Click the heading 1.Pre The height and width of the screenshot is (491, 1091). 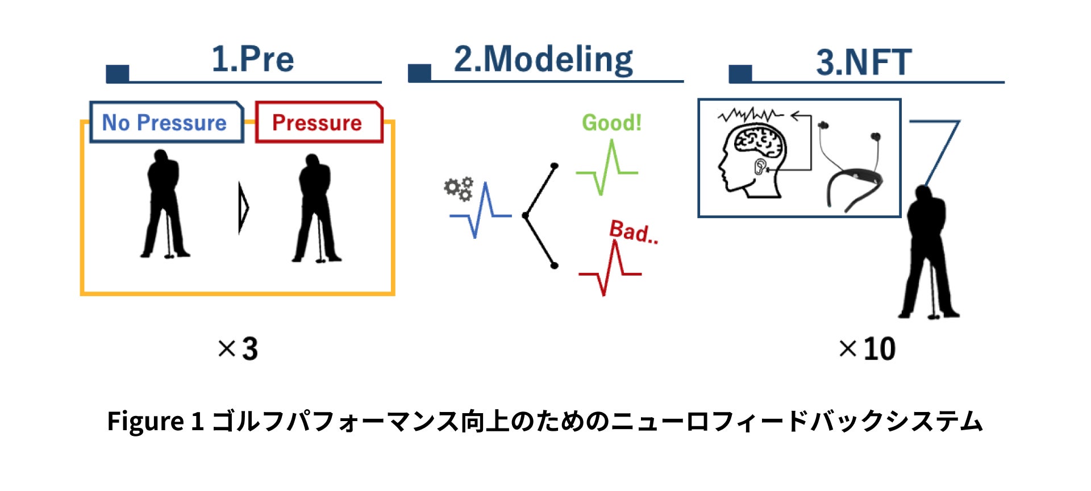click(252, 59)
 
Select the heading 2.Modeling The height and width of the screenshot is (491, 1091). click(543, 59)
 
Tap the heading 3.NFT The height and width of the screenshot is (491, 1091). click(864, 62)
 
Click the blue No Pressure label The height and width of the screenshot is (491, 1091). click(164, 123)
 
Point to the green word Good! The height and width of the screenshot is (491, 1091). click(611, 123)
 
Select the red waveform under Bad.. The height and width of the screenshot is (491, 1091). click(610, 269)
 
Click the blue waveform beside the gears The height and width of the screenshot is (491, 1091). click(480, 212)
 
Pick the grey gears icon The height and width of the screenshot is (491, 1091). click(459, 188)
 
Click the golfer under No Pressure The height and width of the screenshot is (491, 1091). click(164, 205)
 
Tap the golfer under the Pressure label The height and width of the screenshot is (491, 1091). click(316, 209)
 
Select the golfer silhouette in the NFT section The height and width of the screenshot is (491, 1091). click(928, 253)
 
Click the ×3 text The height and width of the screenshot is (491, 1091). click(238, 349)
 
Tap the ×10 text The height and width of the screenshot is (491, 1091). click(867, 349)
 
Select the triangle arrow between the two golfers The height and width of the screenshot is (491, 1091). click(244, 207)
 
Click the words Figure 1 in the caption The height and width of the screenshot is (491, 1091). click(155, 422)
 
